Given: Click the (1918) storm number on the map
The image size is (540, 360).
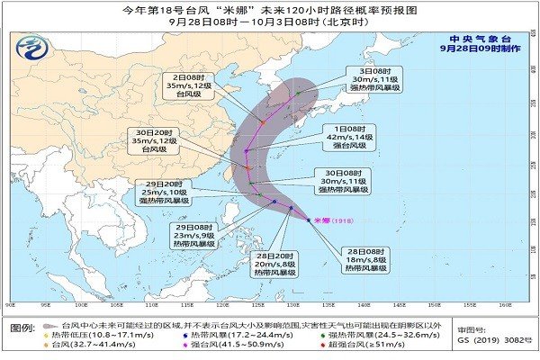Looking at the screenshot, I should pyautogui.click(x=345, y=220).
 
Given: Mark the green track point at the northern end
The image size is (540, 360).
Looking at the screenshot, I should pyautogui.click(x=298, y=92).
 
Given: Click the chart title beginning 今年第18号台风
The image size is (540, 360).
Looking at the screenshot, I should pyautogui.click(x=269, y=11).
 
